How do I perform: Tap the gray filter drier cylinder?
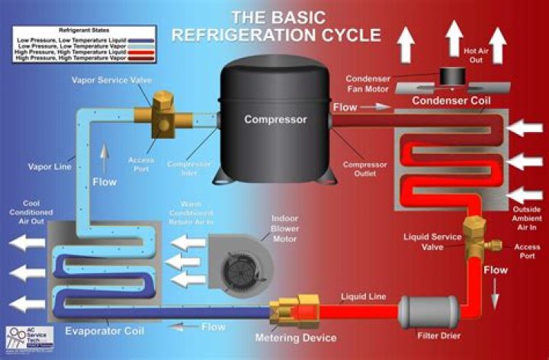(429, 310)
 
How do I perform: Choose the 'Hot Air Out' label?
(475, 55)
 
